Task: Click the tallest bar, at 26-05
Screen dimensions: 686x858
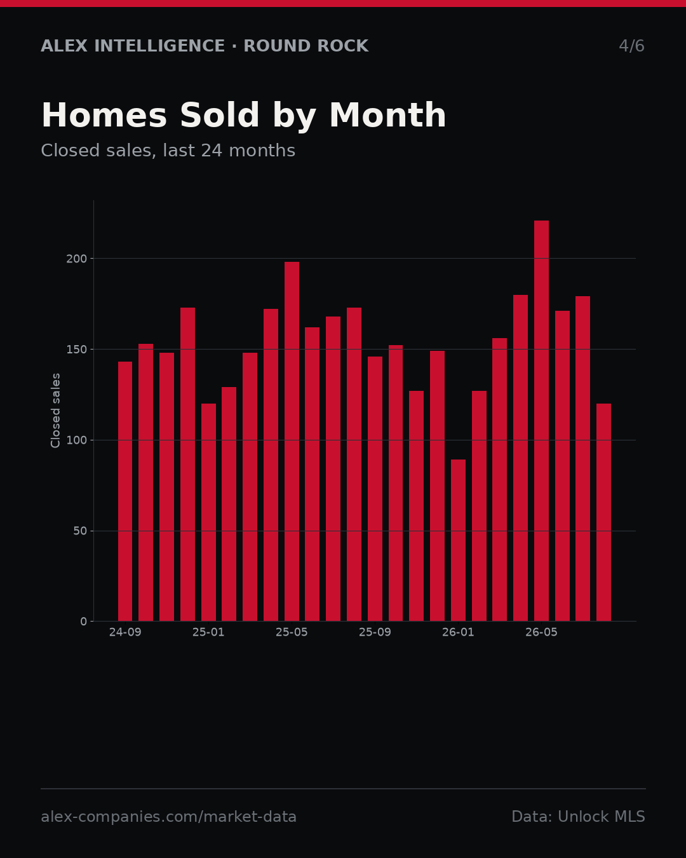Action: (541, 421)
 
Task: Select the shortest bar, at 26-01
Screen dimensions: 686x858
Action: (458, 540)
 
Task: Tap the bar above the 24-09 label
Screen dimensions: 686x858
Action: (125, 491)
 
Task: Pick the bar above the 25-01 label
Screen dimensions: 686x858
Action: (208, 512)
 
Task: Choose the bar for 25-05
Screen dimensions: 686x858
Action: (292, 441)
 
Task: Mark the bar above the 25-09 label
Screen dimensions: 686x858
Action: (375, 489)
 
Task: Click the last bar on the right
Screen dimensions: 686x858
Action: (603, 512)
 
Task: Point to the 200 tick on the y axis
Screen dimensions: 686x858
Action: (76, 259)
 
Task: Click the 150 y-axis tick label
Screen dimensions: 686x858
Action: (76, 350)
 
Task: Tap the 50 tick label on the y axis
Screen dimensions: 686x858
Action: (80, 531)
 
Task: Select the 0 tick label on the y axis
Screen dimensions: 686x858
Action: (83, 622)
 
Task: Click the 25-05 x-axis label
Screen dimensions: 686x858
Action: (292, 632)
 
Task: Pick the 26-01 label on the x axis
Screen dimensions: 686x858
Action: (458, 632)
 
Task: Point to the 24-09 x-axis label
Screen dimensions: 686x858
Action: (125, 632)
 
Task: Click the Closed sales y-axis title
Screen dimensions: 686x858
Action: (55, 411)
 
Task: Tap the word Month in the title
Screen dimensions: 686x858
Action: (387, 115)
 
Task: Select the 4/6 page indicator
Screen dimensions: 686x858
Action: (632, 46)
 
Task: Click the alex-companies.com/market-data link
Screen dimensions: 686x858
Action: (168, 817)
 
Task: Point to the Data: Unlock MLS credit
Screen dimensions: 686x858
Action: (579, 817)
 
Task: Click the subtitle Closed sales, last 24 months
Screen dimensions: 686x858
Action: (168, 151)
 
